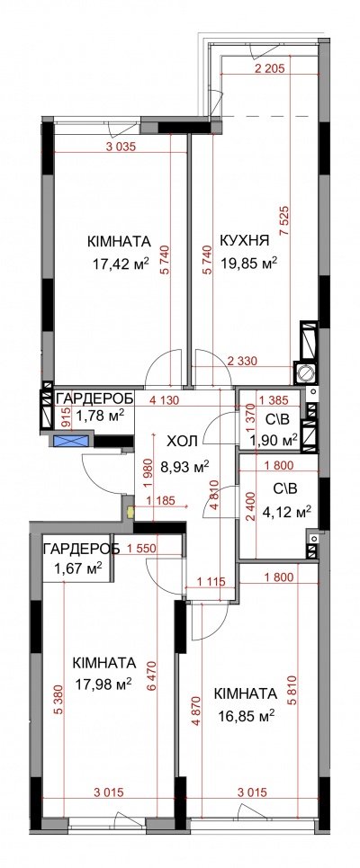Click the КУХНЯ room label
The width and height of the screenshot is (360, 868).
click(x=245, y=240)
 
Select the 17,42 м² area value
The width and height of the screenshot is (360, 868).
click(x=121, y=264)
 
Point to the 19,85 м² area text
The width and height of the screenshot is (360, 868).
click(x=248, y=262)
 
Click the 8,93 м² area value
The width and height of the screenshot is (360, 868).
click(x=185, y=469)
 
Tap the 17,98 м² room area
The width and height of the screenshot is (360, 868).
click(x=103, y=685)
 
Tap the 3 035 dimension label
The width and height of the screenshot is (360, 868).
click(x=121, y=147)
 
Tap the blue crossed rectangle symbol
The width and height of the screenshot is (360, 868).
click(x=72, y=442)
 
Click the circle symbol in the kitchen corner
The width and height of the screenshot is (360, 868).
click(x=305, y=374)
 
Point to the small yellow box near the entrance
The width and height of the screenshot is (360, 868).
click(x=130, y=513)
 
